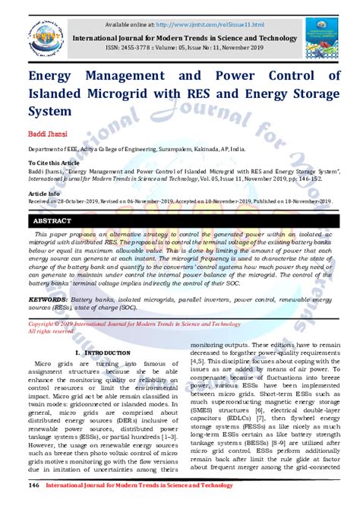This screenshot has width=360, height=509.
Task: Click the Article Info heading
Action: click(x=45, y=193)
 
